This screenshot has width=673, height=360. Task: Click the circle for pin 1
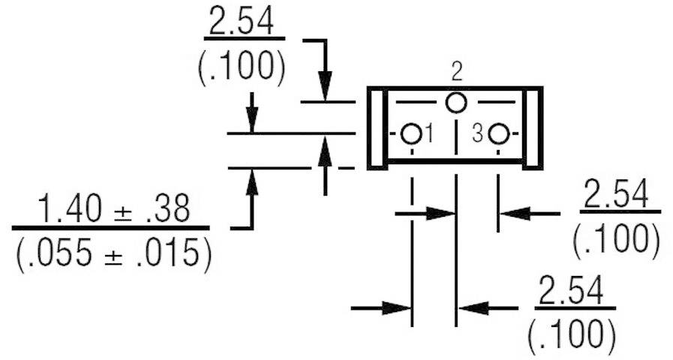[x=410, y=134]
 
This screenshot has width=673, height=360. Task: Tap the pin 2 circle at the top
[x=456, y=103]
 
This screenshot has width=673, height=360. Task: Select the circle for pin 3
[x=499, y=134]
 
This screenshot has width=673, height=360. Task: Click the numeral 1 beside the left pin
[x=429, y=134]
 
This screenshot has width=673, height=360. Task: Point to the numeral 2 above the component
[x=457, y=73]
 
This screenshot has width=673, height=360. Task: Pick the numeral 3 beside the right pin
[x=478, y=134]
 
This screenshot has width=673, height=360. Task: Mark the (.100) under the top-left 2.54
[x=242, y=67]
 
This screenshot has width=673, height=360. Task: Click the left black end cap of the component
[x=377, y=128]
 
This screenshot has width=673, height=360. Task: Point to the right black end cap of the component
[x=533, y=128]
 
